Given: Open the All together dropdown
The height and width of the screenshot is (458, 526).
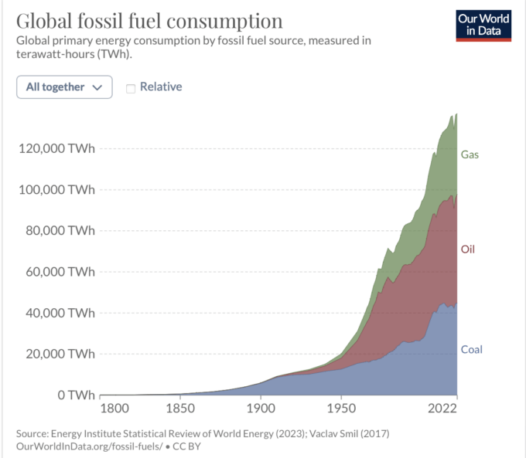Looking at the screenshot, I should coord(64,87).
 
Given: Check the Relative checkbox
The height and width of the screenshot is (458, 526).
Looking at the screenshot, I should coord(131,88).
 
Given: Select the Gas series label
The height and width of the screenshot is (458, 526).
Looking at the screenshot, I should coord(470,154).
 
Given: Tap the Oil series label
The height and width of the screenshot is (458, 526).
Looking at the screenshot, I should coord(468,249).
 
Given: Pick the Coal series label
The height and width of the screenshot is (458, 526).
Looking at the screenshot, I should coord(471,350).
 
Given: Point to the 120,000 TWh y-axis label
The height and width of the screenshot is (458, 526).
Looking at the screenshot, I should coord(56,148).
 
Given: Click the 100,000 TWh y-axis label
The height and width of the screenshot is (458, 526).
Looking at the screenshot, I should coord(56,189).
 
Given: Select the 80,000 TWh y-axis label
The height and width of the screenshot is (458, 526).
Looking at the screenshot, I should coord(59,230).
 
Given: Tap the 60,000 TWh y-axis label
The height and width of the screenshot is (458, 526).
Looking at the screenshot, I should coord(59,272).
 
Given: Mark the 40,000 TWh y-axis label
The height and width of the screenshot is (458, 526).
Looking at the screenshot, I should coord(59,313).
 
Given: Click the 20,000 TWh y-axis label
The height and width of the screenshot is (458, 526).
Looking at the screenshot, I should coord(59,354).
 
